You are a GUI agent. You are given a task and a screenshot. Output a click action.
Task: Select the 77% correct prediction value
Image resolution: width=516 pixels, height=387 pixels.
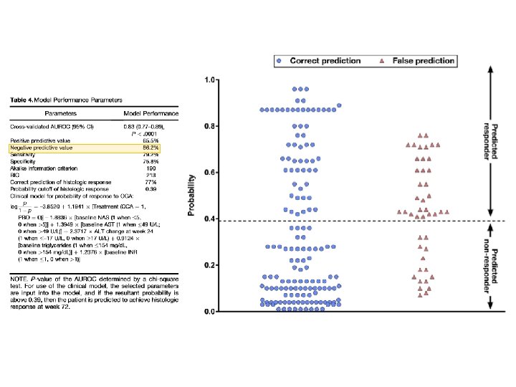tap(152, 182)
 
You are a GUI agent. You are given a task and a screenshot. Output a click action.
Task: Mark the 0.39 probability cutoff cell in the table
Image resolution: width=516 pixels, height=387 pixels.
tap(151, 188)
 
